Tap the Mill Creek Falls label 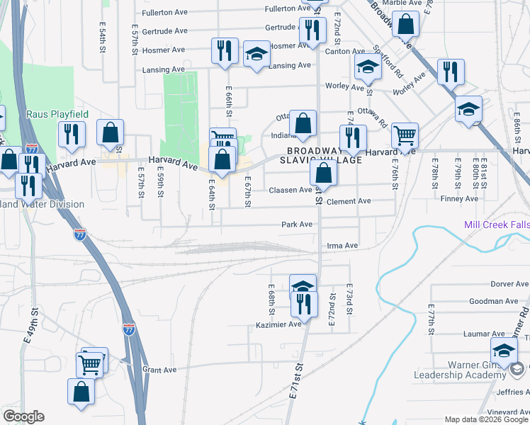[x=497, y=225]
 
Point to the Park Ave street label [x=297, y=225]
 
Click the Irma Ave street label [x=342, y=246]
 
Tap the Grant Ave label [x=159, y=370]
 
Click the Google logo [x=23, y=416]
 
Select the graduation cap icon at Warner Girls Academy [x=504, y=350]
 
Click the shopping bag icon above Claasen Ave [x=322, y=171]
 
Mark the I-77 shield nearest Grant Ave [x=129, y=329]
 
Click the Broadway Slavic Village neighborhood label [x=325, y=156]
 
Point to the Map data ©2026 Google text [x=485, y=419]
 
